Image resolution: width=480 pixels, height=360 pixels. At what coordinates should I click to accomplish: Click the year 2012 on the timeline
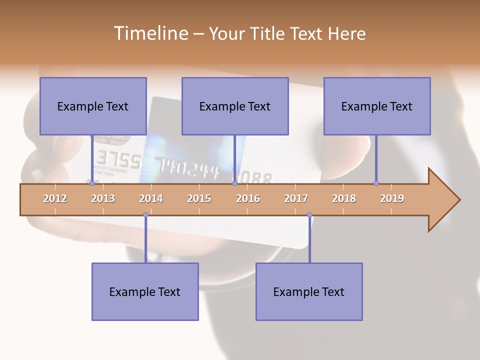[55, 198]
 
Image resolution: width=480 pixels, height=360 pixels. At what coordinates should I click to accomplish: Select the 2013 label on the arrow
[103, 198]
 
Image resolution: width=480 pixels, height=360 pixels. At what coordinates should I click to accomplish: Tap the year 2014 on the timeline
[151, 198]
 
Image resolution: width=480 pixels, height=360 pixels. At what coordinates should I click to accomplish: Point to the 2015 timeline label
[199, 198]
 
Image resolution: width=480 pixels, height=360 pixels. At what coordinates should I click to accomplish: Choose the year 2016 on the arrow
[248, 198]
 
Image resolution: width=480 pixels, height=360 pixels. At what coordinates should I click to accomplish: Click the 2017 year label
[296, 198]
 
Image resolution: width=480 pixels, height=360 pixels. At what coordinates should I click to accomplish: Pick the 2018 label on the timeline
[344, 198]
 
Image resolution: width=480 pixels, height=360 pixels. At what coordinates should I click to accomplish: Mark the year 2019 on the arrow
[392, 198]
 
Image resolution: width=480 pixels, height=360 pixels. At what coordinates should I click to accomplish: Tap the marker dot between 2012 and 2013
[92, 183]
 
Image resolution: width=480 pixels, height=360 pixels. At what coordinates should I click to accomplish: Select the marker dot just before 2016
[234, 183]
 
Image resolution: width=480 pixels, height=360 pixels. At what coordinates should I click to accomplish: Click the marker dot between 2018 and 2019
[376, 183]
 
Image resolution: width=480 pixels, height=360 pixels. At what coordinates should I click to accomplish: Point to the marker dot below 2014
[145, 215]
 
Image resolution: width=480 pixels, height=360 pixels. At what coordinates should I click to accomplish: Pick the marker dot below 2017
[309, 215]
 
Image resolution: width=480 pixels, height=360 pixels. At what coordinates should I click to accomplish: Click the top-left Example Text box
[93, 106]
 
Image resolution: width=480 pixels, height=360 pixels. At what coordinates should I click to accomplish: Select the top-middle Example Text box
[235, 106]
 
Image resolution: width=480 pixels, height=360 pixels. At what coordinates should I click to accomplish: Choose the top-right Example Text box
[377, 106]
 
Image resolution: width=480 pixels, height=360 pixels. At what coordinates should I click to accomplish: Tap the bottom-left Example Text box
[145, 291]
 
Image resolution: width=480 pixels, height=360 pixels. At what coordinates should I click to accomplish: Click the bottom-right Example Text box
[309, 291]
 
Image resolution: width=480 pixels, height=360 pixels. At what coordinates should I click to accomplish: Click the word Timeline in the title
[150, 33]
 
